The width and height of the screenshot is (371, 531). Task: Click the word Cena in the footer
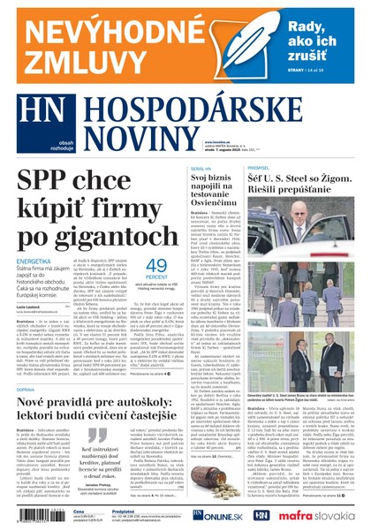[x=79, y=512]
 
